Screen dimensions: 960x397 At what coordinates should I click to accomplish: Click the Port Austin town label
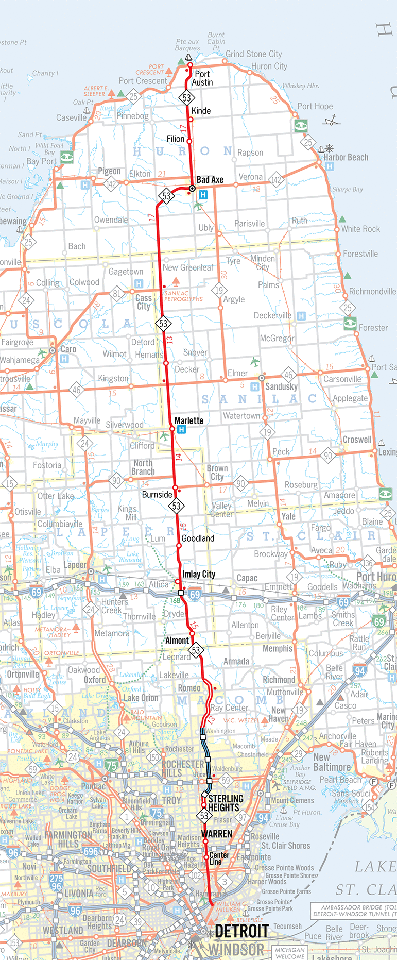click(202, 78)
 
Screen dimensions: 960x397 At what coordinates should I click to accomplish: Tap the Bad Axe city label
click(210, 180)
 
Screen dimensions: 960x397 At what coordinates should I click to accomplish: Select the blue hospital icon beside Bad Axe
click(203, 195)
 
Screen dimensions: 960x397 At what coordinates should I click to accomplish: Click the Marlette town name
click(188, 420)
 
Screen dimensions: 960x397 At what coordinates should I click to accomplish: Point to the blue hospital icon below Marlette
click(181, 430)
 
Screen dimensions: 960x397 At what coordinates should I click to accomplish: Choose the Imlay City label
click(199, 574)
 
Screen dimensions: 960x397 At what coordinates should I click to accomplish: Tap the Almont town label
click(177, 641)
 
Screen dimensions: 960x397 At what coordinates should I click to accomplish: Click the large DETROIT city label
click(241, 931)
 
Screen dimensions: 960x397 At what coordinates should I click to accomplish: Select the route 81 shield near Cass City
click(117, 294)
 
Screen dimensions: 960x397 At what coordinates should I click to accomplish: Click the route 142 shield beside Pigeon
click(111, 184)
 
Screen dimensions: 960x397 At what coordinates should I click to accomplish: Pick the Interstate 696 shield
click(91, 851)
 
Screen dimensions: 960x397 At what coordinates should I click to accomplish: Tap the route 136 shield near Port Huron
click(367, 563)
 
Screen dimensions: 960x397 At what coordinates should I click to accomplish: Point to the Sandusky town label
click(281, 386)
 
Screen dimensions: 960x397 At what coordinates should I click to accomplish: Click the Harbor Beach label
click(346, 157)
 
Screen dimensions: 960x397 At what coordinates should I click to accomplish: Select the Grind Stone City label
click(253, 54)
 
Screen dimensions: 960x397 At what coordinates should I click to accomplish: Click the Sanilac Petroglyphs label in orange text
click(183, 296)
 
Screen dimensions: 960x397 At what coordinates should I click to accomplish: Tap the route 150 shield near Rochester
click(153, 757)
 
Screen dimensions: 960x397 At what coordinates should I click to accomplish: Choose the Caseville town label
click(72, 117)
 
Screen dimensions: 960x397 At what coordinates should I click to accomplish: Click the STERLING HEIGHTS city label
click(226, 803)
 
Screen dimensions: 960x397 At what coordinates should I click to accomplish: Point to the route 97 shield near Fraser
click(242, 818)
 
